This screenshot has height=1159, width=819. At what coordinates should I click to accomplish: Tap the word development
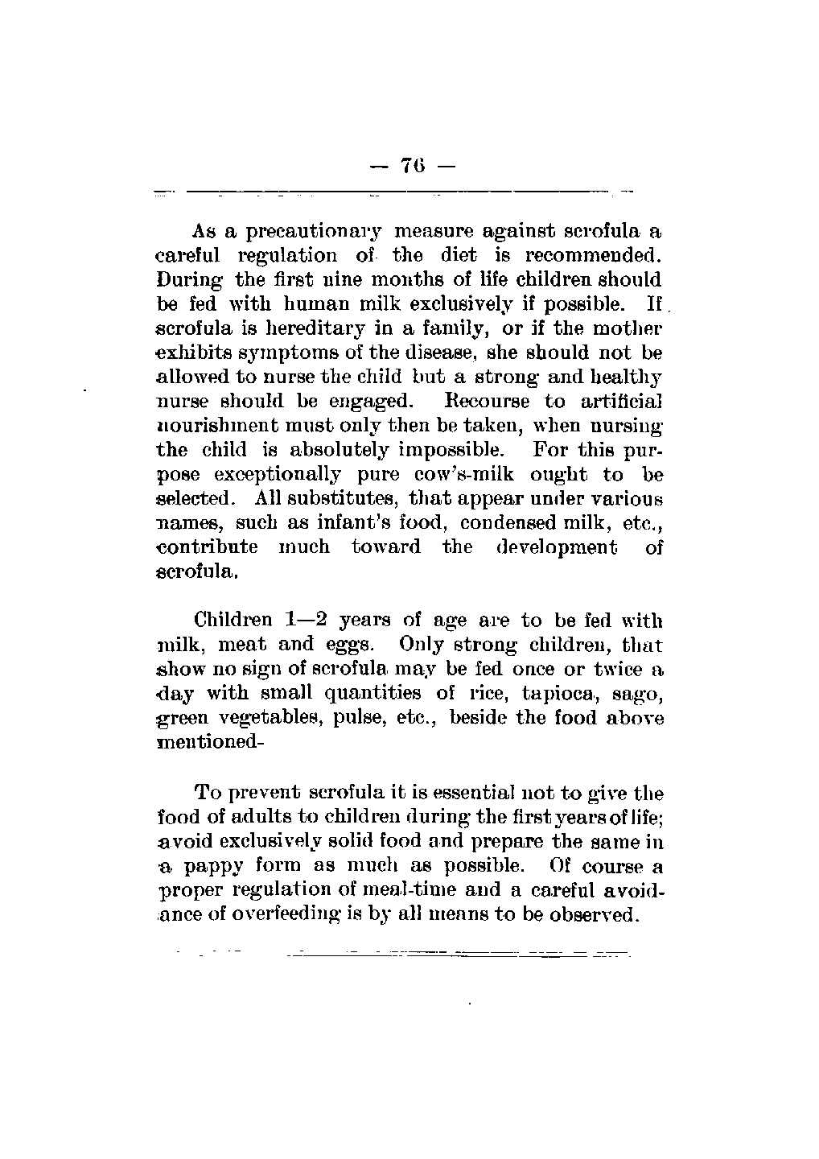tap(561, 547)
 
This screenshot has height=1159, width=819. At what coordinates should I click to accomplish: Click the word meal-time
tap(382, 891)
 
